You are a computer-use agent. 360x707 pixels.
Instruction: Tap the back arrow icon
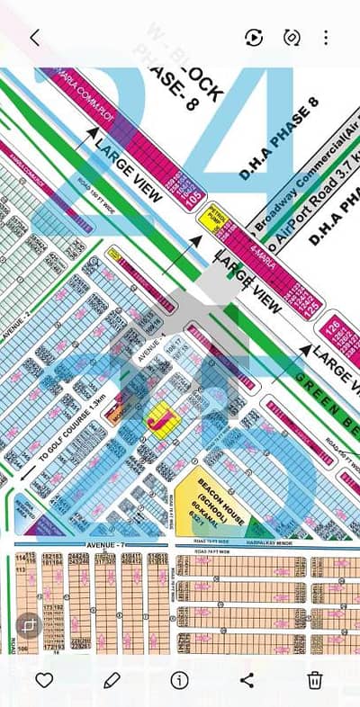coord(34,38)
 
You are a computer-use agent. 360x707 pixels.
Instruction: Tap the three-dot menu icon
coord(326,38)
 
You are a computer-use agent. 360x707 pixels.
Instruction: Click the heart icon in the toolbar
coord(43,679)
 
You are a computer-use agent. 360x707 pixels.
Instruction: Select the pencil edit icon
coord(112,679)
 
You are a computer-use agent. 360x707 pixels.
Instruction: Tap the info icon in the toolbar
coord(179,679)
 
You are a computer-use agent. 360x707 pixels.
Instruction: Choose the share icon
coord(247,679)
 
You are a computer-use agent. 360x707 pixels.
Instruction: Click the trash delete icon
coord(315,679)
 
